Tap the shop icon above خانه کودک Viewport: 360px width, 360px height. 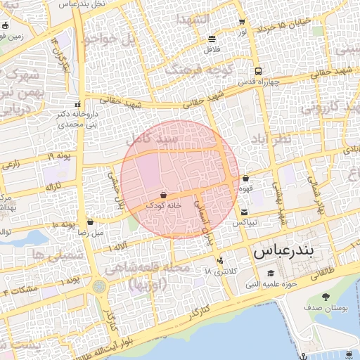(163, 194)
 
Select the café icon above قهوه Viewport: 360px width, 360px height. (245, 179)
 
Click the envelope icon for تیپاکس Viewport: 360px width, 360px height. (244, 212)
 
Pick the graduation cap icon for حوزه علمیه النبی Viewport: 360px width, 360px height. (270, 274)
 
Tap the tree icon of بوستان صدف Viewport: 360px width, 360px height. (325, 297)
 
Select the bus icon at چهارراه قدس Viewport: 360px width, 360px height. (259, 71)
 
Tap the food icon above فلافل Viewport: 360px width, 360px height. (212, 39)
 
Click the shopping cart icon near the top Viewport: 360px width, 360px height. (242, 22)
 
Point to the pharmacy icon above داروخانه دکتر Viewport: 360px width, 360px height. (77, 104)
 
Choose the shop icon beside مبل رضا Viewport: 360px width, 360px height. (90, 221)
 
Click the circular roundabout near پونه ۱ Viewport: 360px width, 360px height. (99, 287)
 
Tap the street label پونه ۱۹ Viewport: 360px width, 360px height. (60, 156)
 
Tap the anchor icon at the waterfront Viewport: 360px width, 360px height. (304, 357)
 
